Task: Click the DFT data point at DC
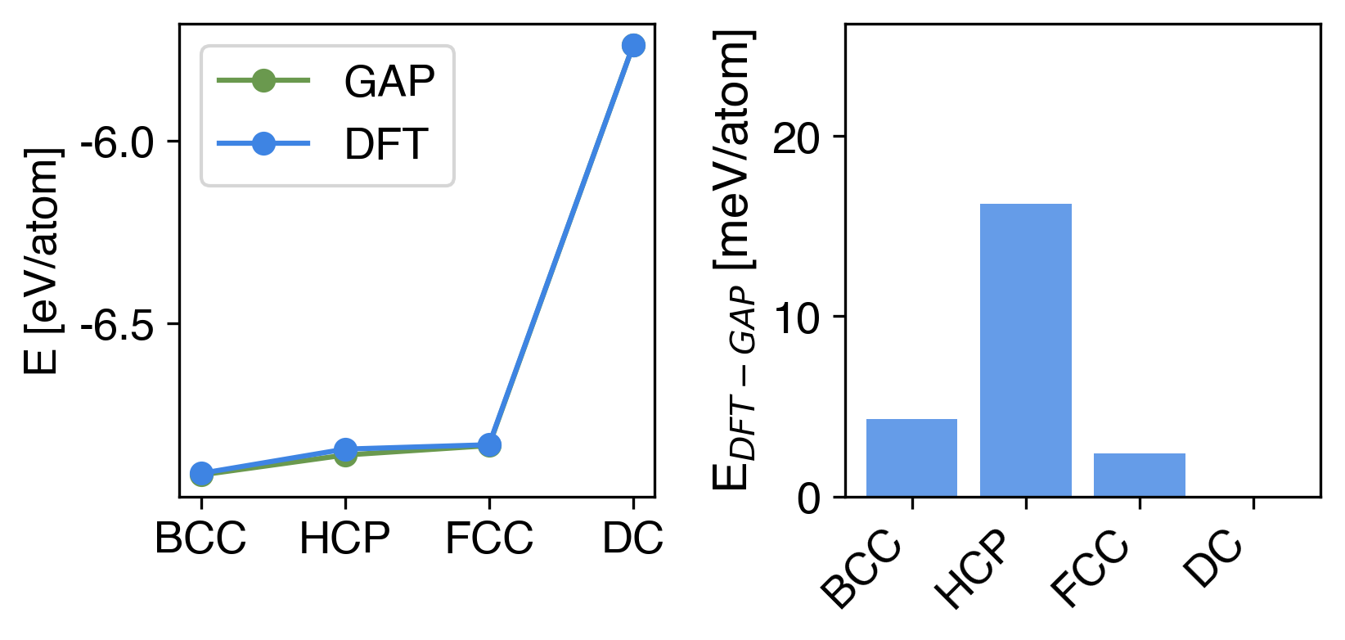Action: pos(632,46)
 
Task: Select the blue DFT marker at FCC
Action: pos(489,445)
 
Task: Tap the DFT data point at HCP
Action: pos(345,449)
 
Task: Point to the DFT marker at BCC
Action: pos(201,473)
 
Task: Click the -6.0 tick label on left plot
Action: pos(118,142)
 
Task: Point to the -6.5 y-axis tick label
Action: pos(118,325)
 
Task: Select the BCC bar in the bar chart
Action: pos(911,457)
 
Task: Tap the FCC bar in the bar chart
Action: pos(1139,475)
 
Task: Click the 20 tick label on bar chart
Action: pos(798,137)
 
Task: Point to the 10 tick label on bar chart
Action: pos(798,318)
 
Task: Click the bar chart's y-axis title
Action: pos(734,262)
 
